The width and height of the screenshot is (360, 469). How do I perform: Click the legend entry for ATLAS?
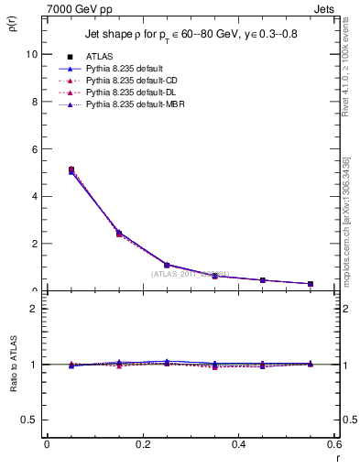(98, 56)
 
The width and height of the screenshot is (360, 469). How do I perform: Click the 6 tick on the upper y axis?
(34, 148)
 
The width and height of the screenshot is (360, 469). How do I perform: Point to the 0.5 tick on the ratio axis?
(29, 420)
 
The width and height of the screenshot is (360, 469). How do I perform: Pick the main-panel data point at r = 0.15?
(119, 234)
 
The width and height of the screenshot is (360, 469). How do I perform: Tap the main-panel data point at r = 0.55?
(311, 284)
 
